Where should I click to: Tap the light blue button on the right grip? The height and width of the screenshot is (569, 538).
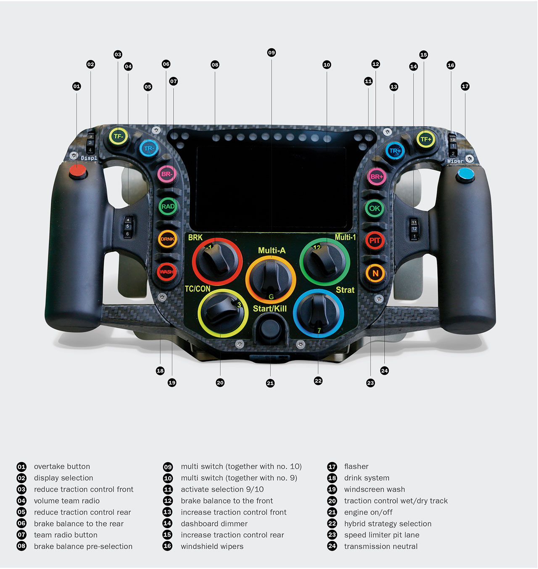click(465, 174)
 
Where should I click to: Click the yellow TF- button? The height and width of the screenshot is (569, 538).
click(118, 136)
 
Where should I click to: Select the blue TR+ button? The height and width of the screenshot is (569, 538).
click(395, 151)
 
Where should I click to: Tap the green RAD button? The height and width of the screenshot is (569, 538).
click(168, 206)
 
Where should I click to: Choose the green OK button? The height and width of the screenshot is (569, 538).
click(374, 208)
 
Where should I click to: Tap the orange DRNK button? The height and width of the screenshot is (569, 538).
click(167, 239)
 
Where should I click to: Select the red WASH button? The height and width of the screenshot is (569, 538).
click(166, 272)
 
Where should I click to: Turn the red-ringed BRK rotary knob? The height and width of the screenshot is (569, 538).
click(217, 261)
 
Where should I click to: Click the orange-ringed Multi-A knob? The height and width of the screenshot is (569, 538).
click(271, 278)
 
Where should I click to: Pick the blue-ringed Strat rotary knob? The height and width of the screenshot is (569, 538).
click(318, 313)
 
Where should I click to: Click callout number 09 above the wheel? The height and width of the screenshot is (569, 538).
click(272, 53)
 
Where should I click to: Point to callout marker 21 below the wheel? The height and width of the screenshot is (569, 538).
click(270, 383)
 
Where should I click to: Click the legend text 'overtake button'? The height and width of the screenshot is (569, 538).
click(62, 466)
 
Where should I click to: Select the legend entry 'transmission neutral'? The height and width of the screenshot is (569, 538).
click(381, 546)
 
